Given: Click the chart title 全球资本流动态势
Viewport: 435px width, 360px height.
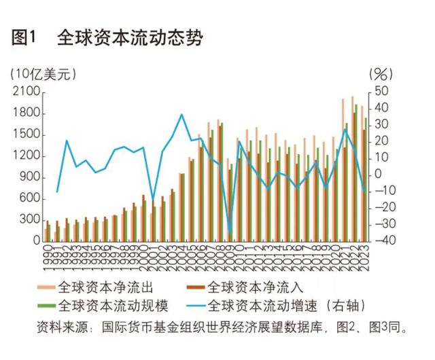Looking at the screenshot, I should click(x=129, y=37).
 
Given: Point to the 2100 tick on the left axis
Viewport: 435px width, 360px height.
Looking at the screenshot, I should click(x=25, y=92).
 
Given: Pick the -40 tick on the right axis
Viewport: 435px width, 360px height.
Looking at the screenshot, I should click(x=381, y=240).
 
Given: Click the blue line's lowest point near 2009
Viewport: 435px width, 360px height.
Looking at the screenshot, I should click(x=230, y=233).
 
